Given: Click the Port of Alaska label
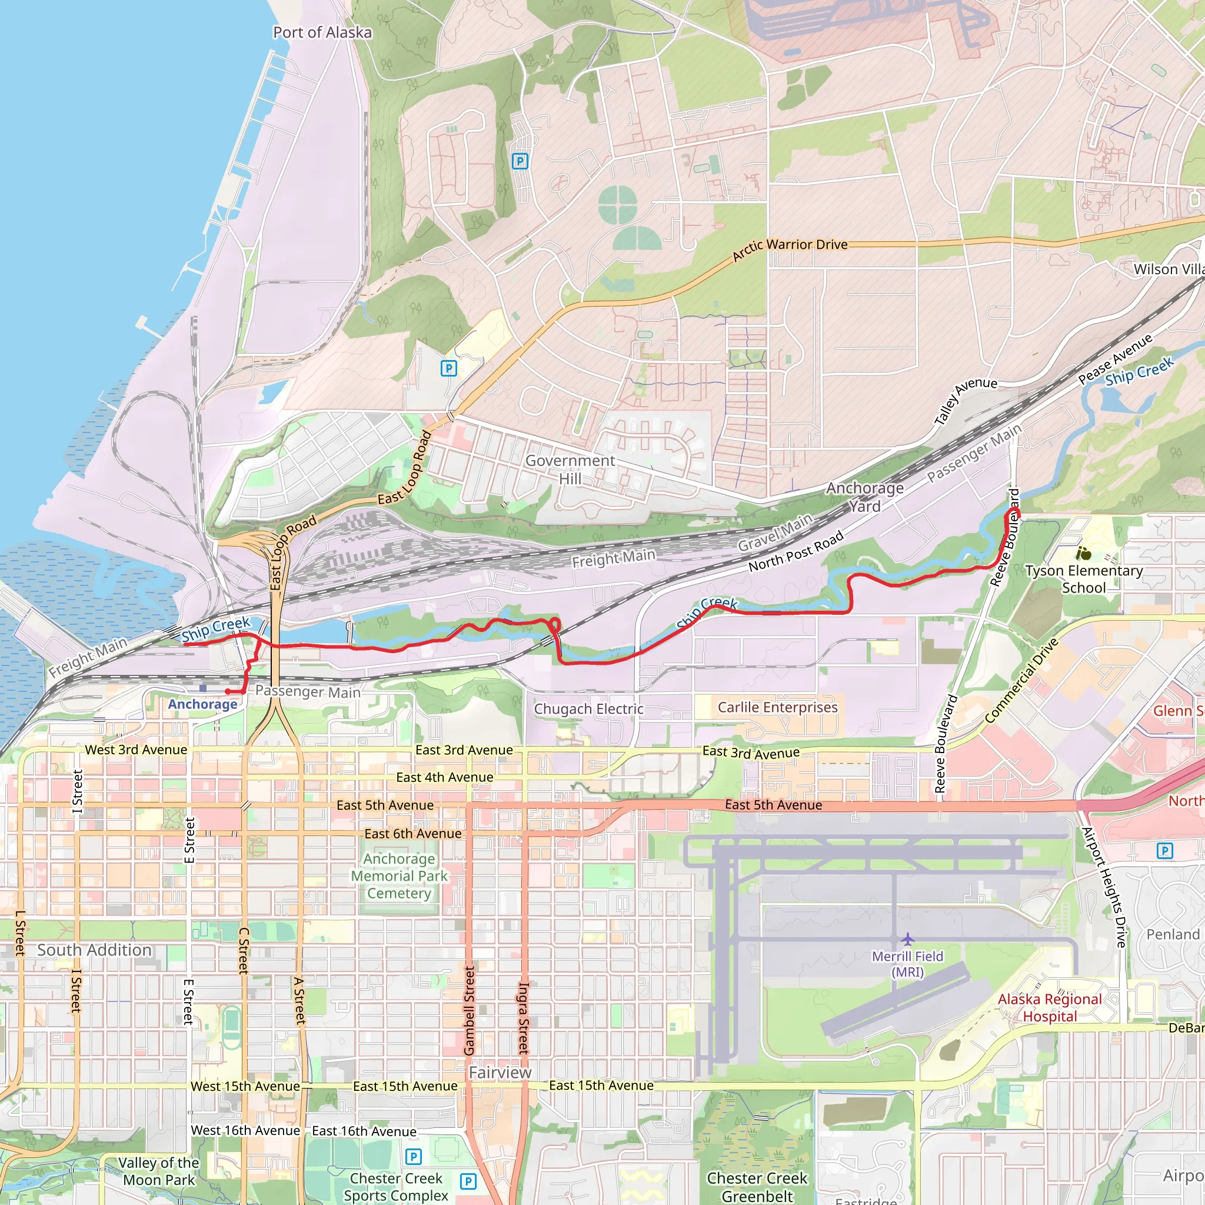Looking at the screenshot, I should [x=322, y=32].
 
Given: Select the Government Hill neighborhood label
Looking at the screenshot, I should [x=570, y=469].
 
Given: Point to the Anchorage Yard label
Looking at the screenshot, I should [x=864, y=497].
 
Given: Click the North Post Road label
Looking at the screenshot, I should [x=795, y=551].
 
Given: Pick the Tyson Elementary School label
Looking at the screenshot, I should [x=1083, y=579].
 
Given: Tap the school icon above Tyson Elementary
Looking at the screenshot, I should [x=1083, y=553].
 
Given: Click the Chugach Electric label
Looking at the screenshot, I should [x=588, y=709].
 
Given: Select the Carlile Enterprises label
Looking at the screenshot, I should [x=777, y=707].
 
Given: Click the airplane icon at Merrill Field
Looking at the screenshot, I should [x=907, y=938].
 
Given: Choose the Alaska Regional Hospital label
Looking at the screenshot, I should [x=1050, y=1008].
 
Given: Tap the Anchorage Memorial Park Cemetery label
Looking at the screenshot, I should [x=399, y=876].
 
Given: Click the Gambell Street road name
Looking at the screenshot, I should [x=469, y=1010].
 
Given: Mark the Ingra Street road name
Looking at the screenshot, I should [x=524, y=1018].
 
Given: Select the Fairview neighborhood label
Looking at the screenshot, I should [x=500, y=1072].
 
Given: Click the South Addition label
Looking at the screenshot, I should [x=94, y=950].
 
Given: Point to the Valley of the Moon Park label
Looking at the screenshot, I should [x=159, y=1171].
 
